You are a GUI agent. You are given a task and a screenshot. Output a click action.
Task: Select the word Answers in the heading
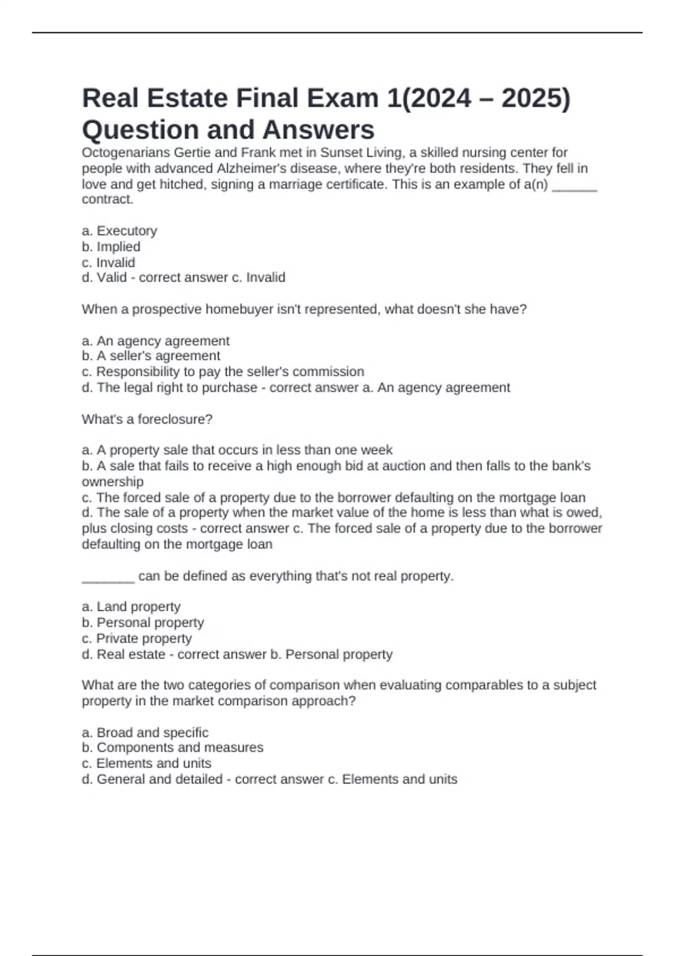click(x=318, y=130)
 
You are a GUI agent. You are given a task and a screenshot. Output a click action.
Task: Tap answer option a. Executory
click(x=119, y=231)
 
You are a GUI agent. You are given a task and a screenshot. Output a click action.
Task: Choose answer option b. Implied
click(x=111, y=247)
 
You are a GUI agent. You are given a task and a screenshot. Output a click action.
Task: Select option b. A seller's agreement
click(x=151, y=356)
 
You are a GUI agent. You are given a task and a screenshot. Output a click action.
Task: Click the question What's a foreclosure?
click(x=147, y=419)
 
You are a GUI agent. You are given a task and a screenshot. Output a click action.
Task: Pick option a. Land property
click(x=131, y=607)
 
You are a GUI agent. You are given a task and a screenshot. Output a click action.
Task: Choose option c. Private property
click(x=137, y=639)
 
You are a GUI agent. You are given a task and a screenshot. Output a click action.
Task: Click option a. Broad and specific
click(x=145, y=733)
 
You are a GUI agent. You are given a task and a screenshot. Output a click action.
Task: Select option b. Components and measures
click(x=172, y=748)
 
